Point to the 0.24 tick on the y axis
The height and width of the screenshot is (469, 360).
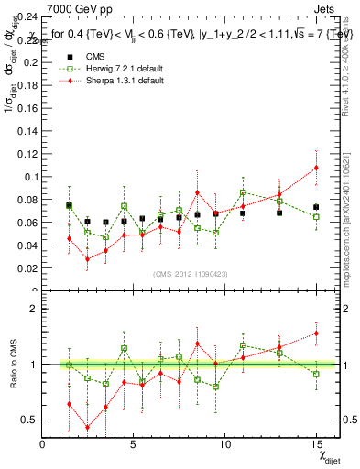(x=26, y=16)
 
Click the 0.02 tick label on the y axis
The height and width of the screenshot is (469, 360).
(x=26, y=268)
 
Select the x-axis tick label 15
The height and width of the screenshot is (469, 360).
(x=316, y=444)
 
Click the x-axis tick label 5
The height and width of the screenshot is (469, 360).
(x=134, y=444)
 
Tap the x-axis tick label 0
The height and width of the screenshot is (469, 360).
(x=43, y=444)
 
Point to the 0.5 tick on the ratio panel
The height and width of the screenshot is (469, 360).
(x=28, y=420)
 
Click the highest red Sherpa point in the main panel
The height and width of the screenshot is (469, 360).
(x=316, y=168)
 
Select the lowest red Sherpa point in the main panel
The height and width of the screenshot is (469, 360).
(x=88, y=259)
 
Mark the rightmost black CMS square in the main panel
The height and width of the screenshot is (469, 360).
(x=316, y=207)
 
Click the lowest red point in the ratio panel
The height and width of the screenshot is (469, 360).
(x=88, y=427)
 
